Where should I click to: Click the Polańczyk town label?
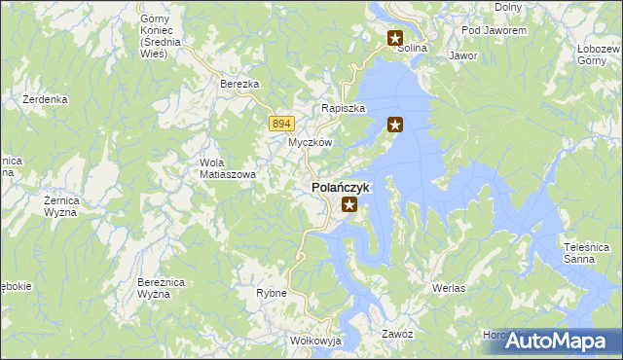point(339,186)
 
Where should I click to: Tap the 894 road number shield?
point(281,123)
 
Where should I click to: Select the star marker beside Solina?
point(395,40)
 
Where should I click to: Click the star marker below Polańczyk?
point(349,205)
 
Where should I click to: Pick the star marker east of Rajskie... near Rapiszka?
point(395,125)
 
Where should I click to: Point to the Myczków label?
point(311,142)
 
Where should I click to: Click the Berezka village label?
point(239,85)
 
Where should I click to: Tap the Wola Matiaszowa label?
point(227,168)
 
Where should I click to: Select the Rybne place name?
point(271,292)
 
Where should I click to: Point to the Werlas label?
point(449,289)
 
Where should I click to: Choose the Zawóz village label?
point(398,334)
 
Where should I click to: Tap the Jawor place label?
point(463,56)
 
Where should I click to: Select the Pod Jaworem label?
point(495,31)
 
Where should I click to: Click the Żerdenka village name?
point(45,99)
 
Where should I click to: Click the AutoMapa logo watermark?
point(560,342)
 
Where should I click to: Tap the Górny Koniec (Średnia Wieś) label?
point(154,36)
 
